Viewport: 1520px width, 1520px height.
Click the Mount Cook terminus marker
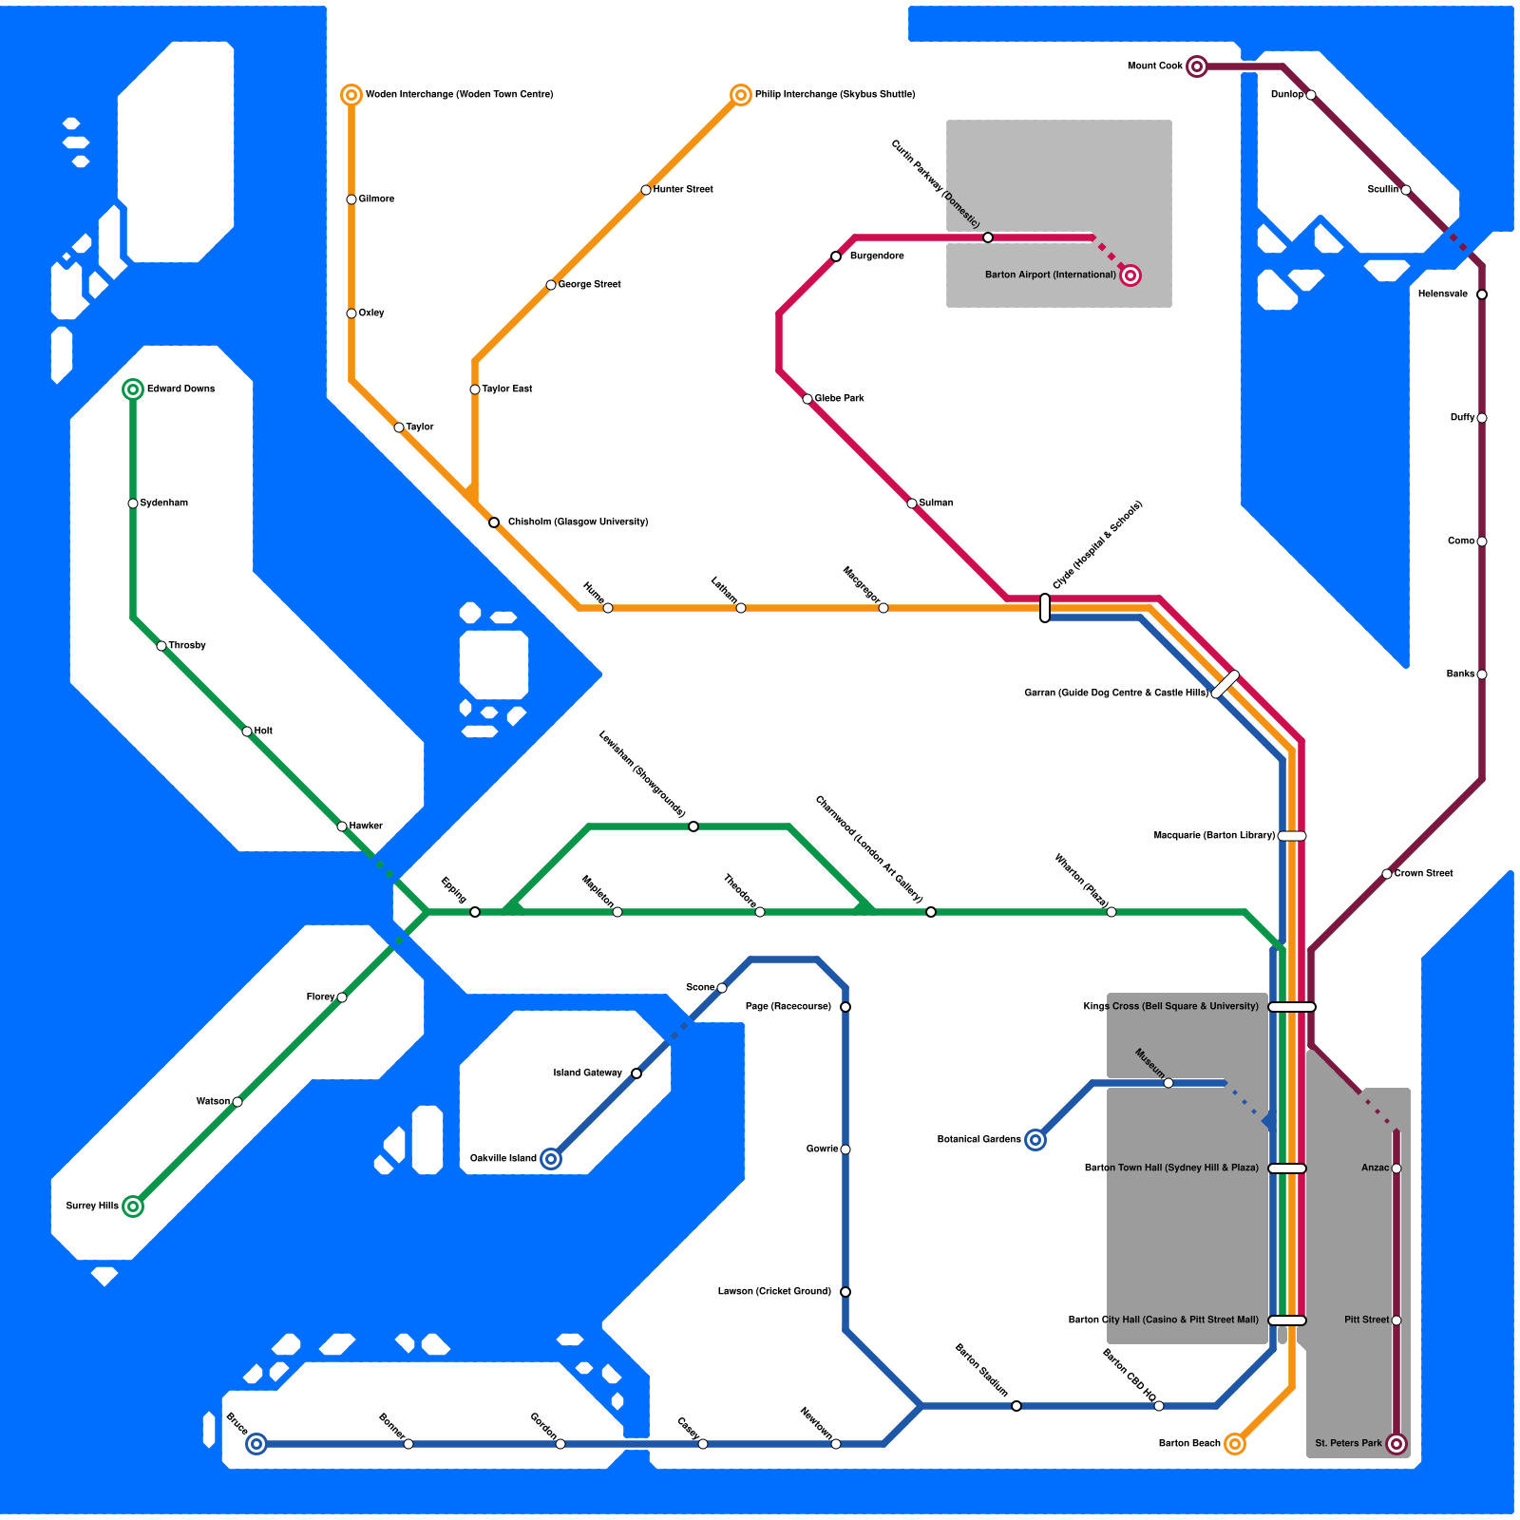(1197, 66)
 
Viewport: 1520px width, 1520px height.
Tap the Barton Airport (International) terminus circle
(1130, 275)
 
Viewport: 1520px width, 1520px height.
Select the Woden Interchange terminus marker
(351, 95)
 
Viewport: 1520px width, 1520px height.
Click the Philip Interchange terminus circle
(741, 95)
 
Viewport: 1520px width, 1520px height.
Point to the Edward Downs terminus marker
(133, 389)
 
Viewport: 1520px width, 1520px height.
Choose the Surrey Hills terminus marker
(133, 1206)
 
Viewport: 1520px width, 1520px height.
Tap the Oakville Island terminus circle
(551, 1159)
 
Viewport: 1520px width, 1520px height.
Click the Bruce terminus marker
(256, 1444)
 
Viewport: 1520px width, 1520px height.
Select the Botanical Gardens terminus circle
(1035, 1140)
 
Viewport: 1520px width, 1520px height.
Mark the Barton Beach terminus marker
(1235, 1444)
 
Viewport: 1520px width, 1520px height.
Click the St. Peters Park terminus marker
(1396, 1444)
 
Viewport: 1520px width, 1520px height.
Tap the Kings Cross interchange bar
(1292, 1007)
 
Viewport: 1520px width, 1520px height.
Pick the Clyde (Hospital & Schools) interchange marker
(1045, 608)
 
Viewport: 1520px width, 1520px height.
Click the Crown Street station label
(1423, 874)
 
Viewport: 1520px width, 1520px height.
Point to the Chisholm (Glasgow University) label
(578, 522)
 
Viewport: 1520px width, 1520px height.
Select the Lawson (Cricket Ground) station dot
(845, 1292)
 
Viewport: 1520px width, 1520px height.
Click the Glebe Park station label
(839, 399)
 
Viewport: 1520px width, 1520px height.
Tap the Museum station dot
(1168, 1083)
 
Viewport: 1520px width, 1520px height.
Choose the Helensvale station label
(1442, 294)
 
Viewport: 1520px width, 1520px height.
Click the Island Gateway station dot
(636, 1073)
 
